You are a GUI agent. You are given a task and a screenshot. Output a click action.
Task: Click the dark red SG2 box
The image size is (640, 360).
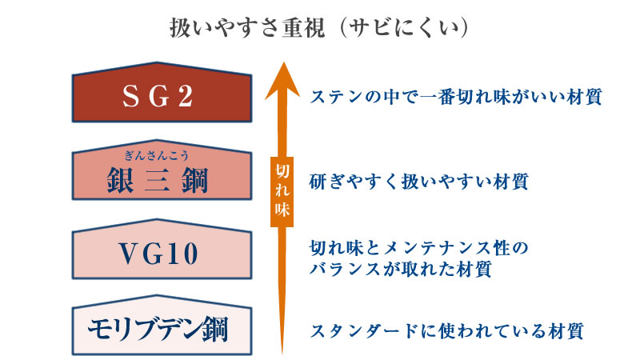coord(162,92)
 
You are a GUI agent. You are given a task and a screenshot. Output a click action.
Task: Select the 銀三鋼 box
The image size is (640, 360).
coord(162,170)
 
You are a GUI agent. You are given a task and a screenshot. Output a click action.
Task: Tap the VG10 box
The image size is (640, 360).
coord(162,250)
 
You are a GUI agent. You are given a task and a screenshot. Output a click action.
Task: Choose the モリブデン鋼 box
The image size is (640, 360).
coord(162,326)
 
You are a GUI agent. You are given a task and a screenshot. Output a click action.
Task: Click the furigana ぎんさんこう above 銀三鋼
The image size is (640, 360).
coord(157,155)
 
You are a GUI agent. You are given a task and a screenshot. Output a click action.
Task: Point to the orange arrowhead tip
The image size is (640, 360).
coord(282,62)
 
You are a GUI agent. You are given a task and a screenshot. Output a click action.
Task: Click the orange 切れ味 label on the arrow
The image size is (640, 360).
coord(282,191)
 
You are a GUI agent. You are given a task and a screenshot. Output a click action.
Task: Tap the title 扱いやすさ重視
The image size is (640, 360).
coord(248,28)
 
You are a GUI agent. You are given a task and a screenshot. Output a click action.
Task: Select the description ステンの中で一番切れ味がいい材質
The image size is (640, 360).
coord(455,97)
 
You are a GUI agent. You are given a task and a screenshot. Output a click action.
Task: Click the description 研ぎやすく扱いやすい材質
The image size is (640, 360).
coord(418,182)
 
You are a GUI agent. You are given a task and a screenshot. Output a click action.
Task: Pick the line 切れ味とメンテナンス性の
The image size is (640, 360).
coord(418,248)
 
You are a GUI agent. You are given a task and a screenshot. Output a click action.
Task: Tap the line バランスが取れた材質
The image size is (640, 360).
coord(400,269)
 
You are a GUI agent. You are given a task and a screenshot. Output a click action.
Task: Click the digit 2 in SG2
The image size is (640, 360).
coord(186,97)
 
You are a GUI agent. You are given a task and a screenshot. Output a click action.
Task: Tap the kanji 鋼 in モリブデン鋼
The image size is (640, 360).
coord(215,330)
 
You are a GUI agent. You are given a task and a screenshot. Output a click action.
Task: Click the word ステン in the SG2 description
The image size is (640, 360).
coord(337,97)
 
